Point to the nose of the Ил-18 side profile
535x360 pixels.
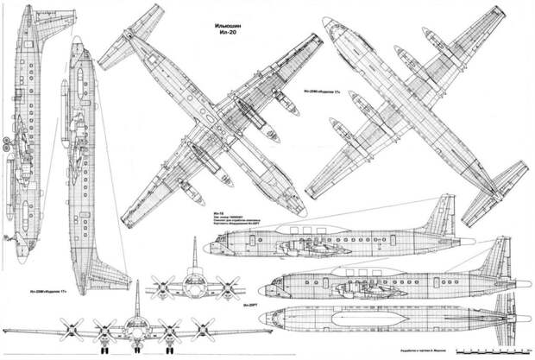(x=206, y=248)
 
